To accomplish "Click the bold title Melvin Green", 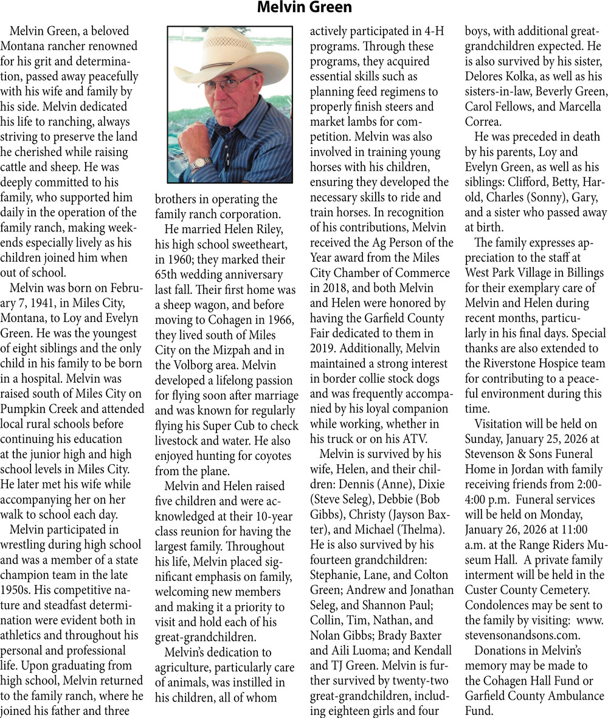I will tap(304, 8).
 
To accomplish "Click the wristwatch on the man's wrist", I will tap(200, 163).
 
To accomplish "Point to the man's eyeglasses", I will tap(235, 83).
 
